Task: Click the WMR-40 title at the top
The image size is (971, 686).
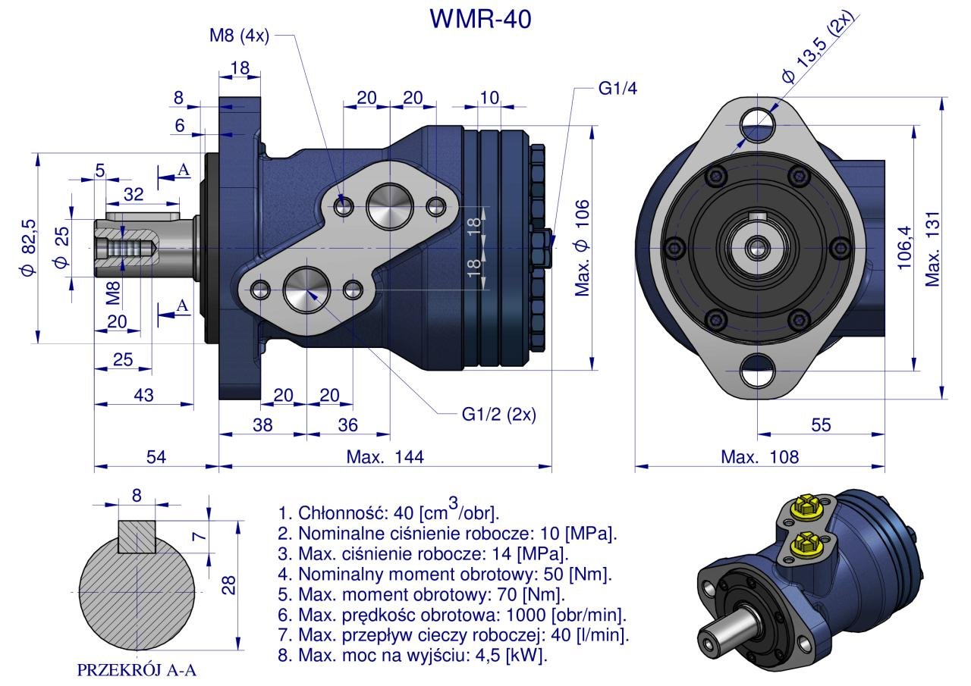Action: click(x=481, y=19)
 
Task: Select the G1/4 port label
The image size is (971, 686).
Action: click(x=617, y=89)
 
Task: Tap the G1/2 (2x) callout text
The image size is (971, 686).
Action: click(x=498, y=415)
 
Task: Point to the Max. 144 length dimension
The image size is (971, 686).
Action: click(x=385, y=457)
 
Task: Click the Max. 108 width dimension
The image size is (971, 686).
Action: click(x=759, y=457)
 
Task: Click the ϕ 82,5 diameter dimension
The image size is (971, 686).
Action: click(x=28, y=248)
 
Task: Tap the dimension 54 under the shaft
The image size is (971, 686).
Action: click(x=156, y=457)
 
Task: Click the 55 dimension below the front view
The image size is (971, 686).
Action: click(x=821, y=425)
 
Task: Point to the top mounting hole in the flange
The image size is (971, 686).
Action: click(x=757, y=119)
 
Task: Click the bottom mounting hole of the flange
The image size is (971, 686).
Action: click(x=757, y=371)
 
